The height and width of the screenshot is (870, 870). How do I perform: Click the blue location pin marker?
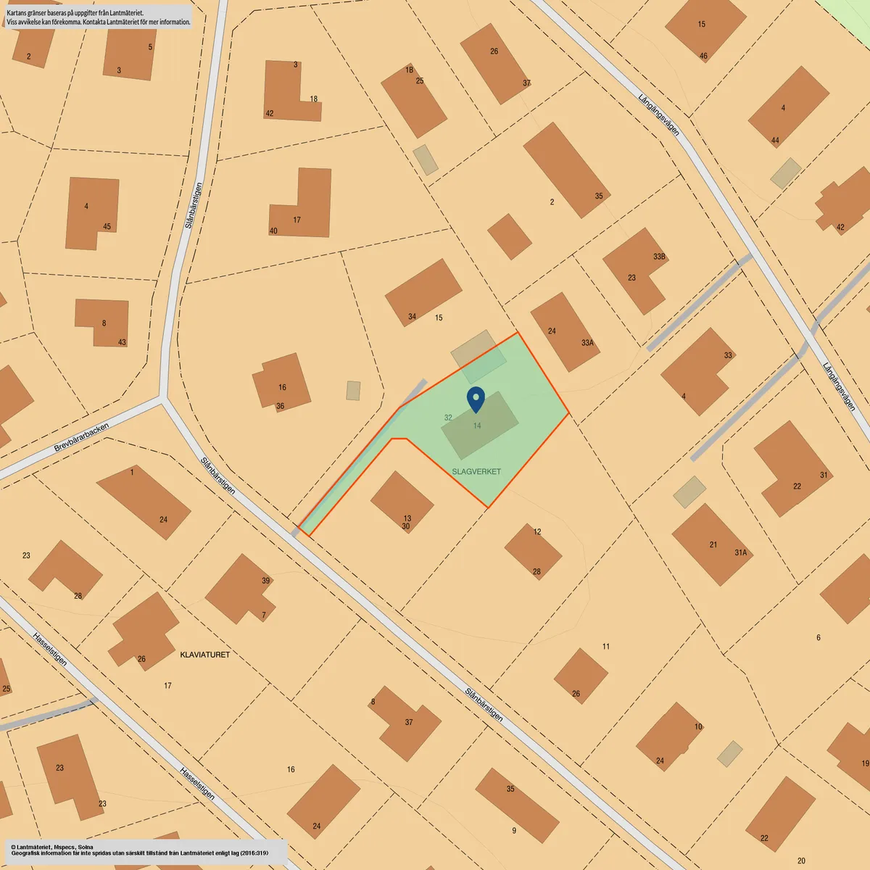pyautogui.click(x=476, y=398)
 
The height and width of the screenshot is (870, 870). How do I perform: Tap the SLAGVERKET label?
pyautogui.click(x=476, y=471)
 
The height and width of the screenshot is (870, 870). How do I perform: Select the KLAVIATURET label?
pyautogui.click(x=204, y=655)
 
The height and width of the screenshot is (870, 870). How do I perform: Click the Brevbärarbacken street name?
pyautogui.click(x=81, y=437)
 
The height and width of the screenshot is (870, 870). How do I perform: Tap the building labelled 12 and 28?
pyautogui.click(x=533, y=551)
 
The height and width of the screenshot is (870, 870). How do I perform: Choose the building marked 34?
pyautogui.click(x=423, y=291)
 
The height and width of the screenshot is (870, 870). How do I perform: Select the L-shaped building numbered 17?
pyautogui.click(x=304, y=210)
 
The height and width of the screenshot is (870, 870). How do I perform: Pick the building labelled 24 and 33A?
pyautogui.click(x=565, y=331)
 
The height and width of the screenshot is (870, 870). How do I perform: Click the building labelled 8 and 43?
pyautogui.click(x=103, y=321)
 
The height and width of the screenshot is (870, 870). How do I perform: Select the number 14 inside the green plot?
pyautogui.click(x=477, y=426)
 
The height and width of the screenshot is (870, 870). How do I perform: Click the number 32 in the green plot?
pyautogui.click(x=448, y=418)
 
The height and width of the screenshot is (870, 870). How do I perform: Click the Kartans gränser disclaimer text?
pyautogui.click(x=99, y=17)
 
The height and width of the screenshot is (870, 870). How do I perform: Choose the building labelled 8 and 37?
pyautogui.click(x=406, y=721)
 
